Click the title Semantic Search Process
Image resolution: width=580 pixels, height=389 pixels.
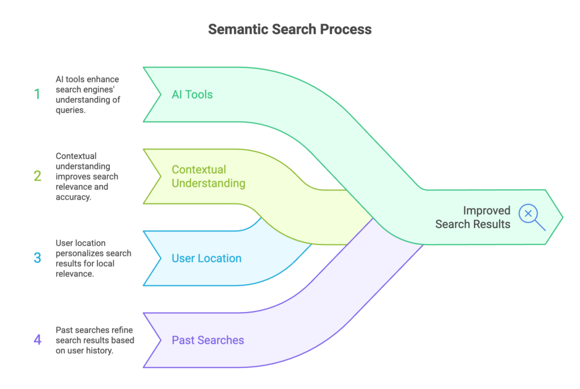[x=289, y=29]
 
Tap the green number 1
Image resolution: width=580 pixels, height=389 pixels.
[x=37, y=95]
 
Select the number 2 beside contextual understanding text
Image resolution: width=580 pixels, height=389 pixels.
[x=37, y=176]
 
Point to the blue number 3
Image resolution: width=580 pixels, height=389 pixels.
[x=37, y=258]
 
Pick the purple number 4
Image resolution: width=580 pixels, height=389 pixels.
[x=37, y=340]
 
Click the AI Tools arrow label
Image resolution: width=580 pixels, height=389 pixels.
[x=192, y=95]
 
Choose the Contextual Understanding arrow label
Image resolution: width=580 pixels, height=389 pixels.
[x=208, y=176]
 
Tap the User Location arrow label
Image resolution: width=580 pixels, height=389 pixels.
[x=206, y=258]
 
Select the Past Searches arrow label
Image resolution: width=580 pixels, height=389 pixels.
[x=208, y=340]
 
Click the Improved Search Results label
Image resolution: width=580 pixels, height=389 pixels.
[x=472, y=217]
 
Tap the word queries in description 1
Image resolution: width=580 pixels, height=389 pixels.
[x=70, y=110]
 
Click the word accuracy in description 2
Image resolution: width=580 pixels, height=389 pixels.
[x=73, y=197]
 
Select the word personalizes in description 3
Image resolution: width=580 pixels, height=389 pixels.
[x=79, y=253]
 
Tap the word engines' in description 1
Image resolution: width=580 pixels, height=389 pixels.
[x=107, y=89]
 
